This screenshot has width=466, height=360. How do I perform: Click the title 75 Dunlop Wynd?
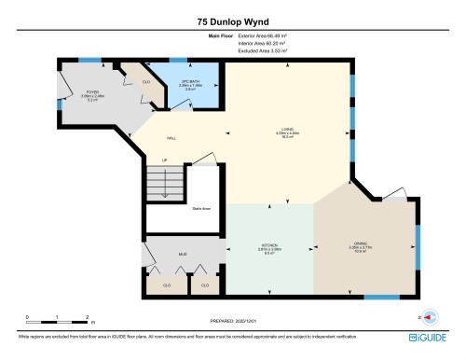click(233, 21)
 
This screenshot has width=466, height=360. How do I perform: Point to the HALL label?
click(171, 138)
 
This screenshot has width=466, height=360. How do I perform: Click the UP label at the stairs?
click(165, 159)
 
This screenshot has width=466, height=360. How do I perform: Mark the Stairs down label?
click(201, 209)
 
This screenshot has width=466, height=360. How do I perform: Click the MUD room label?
click(183, 252)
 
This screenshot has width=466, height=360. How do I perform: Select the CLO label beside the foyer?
click(146, 82)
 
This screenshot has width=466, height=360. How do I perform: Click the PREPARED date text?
click(233, 320)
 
